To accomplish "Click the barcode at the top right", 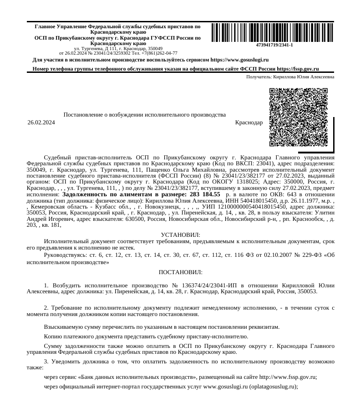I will pos(272,32).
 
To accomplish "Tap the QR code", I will pos(299,117).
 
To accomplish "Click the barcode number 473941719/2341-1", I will pos(274,45).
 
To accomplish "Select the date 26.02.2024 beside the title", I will pos(41,122).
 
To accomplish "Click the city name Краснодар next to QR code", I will pos(248,122).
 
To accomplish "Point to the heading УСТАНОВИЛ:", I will pos(181,235).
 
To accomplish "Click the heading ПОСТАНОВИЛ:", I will pos(181,272).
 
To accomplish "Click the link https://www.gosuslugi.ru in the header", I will pos(240,60).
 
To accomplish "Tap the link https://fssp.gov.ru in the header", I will pos(298,69).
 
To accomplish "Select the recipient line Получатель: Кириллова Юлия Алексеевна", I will pos(290,77).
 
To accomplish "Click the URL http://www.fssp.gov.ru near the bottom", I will pos(287,377).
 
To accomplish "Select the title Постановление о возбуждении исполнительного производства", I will pos(145,114).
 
